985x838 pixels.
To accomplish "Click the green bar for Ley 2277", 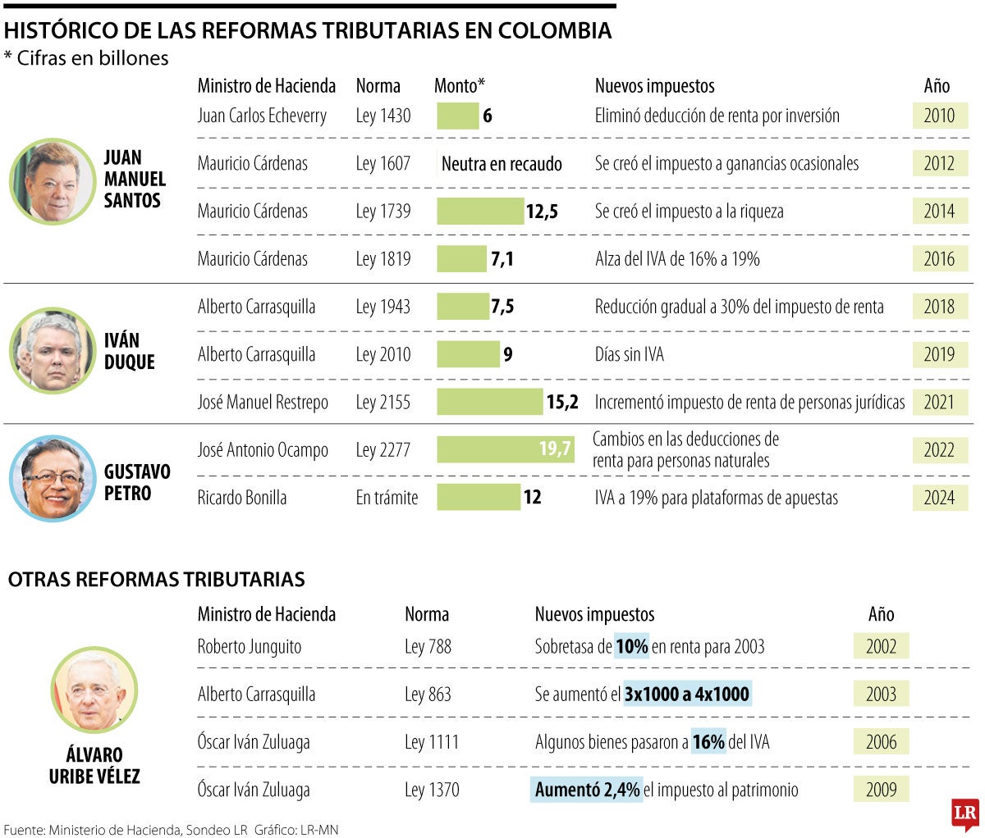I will tap(505, 449).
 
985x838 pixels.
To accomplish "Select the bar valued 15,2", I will tap(489, 402).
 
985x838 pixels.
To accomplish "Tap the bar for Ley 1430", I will tap(457, 116).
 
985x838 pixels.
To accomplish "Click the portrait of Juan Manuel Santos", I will tap(53, 181).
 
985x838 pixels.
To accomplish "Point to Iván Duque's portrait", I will tap(53, 351).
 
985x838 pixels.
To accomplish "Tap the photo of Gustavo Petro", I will tap(53, 479).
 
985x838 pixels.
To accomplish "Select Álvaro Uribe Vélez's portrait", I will tap(94, 690).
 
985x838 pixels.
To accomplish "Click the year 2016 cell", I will tap(939, 259).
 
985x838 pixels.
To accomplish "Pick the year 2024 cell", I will tap(939, 498).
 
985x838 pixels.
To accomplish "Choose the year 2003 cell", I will tap(881, 695).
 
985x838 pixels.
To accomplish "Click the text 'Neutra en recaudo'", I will tap(502, 164).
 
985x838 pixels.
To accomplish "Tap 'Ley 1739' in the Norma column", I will tap(383, 212).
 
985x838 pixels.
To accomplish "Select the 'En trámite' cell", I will tap(387, 498).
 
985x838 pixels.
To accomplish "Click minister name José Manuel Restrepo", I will tap(263, 403).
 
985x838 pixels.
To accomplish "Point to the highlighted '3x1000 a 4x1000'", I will tap(686, 695).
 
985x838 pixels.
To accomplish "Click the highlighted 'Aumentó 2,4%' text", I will tap(586, 790).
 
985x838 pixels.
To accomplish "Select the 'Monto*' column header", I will tap(460, 86).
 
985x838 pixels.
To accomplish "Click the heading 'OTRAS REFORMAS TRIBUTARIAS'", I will tap(156, 580).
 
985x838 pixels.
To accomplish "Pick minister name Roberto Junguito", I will tap(250, 647).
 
